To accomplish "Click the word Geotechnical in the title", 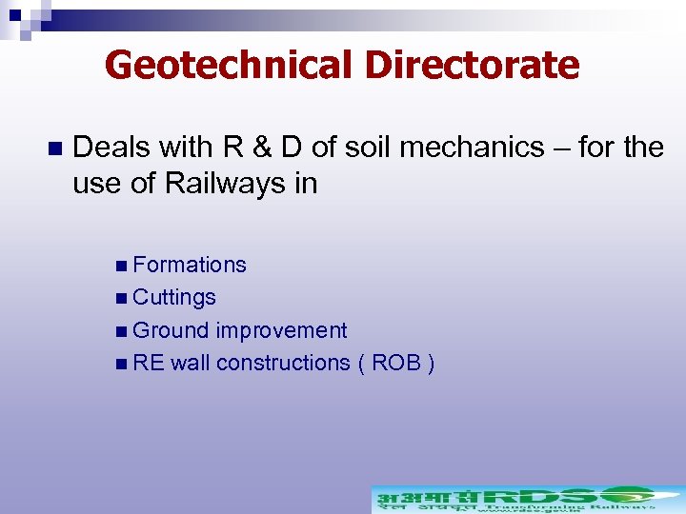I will click(228, 66).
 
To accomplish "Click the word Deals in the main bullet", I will click(112, 148).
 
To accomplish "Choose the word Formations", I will click(190, 265).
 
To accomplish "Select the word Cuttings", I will click(174, 297).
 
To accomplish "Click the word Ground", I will click(171, 330).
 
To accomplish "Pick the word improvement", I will click(281, 330).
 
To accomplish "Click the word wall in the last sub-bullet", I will click(191, 363).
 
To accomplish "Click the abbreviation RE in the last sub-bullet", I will click(149, 363).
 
